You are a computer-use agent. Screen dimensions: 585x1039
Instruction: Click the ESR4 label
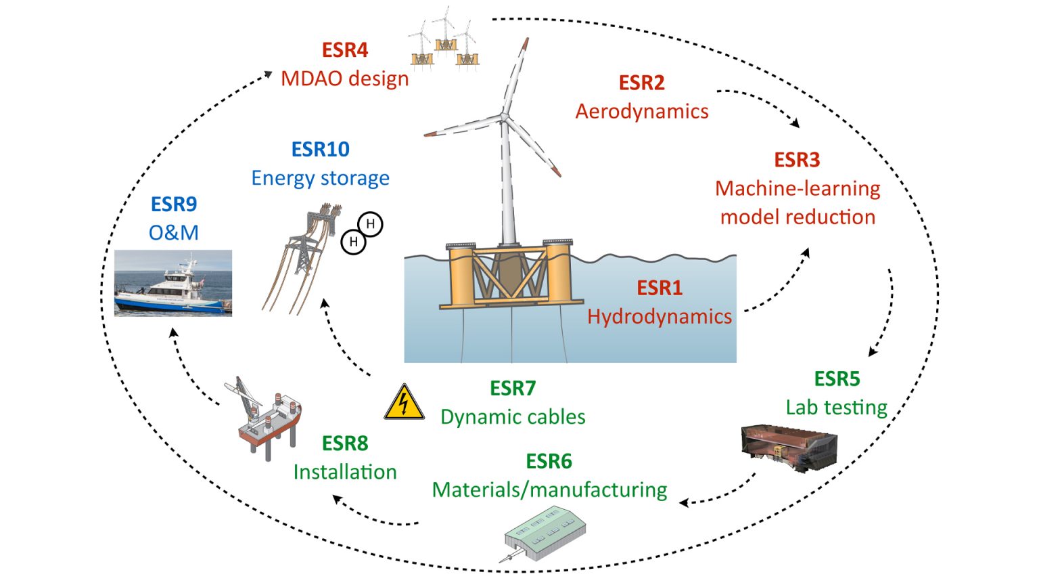344,50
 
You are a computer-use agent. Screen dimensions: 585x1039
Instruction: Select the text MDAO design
344,79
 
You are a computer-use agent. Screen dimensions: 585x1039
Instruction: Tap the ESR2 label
641,83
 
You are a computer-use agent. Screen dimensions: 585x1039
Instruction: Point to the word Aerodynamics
641,111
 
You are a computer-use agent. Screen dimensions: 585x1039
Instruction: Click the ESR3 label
797,160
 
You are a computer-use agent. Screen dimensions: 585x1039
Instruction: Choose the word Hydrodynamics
659,316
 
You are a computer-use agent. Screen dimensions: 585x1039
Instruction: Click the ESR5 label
837,378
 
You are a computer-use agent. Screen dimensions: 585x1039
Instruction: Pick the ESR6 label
549,461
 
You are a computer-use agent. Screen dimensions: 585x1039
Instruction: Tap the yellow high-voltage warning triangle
404,403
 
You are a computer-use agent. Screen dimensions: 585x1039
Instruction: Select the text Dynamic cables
513,416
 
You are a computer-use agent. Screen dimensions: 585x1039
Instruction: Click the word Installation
344,472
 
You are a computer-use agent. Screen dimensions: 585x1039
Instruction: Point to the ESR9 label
173,204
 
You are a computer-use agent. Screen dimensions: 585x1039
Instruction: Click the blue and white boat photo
173,282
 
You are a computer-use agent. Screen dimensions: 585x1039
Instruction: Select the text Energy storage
320,177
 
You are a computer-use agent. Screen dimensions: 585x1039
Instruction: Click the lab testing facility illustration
789,448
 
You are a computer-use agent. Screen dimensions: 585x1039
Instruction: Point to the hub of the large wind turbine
505,116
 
